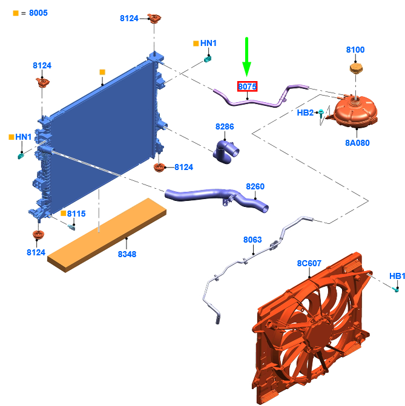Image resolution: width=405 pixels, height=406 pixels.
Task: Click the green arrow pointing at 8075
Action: tap(246, 57)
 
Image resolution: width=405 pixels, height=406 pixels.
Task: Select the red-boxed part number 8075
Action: tap(247, 87)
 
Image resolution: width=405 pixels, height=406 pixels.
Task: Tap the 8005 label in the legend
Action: tap(38, 13)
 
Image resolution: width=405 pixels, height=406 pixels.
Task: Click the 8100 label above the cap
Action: tap(355, 50)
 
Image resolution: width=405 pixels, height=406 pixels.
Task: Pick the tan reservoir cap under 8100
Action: tap(356, 68)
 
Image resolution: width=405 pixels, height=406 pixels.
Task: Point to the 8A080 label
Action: tap(357, 143)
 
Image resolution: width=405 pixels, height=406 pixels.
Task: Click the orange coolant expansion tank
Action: tap(355, 111)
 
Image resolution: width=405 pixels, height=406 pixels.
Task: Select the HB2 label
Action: tap(305, 113)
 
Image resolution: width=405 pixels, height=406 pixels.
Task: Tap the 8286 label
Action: tap(225, 126)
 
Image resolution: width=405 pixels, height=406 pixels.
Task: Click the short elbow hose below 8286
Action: tap(225, 152)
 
